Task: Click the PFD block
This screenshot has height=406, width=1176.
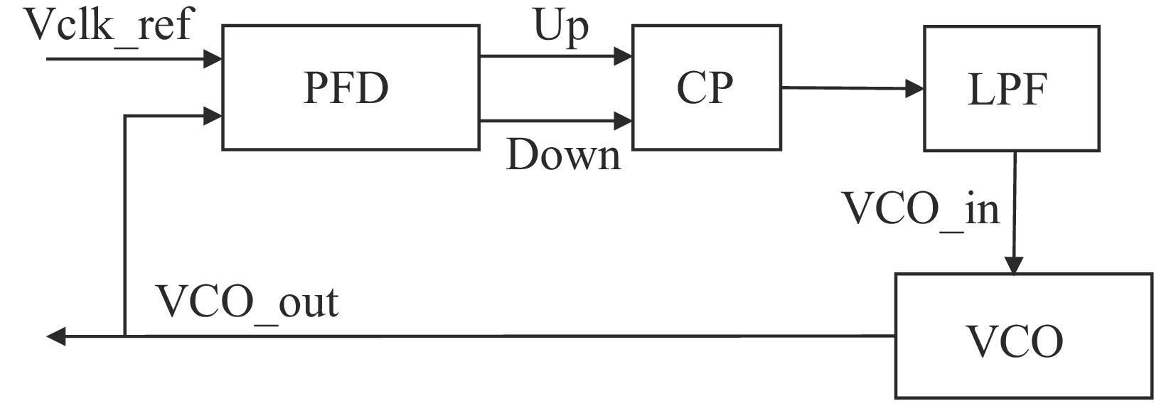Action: (x=350, y=87)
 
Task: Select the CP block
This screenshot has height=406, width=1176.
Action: (x=706, y=87)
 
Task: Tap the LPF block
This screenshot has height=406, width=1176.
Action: (x=1011, y=89)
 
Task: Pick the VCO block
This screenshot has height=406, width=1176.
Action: (x=1022, y=336)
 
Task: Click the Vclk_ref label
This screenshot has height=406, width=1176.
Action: (x=108, y=26)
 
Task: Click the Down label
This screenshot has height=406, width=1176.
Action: (x=563, y=155)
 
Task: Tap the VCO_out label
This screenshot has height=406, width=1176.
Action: (x=247, y=301)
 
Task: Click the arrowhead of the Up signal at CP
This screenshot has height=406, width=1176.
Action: (x=624, y=55)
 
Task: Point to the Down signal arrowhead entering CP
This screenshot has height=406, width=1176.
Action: (x=624, y=120)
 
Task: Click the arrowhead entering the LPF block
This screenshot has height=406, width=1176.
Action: (x=915, y=90)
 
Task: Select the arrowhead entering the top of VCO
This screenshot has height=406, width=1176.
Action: (x=1012, y=265)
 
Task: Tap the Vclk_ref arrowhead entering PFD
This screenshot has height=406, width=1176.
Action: (x=213, y=58)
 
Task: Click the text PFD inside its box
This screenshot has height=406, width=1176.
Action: (x=346, y=88)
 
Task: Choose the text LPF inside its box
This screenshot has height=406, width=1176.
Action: (x=1007, y=90)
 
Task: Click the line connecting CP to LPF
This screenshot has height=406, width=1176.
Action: (x=846, y=89)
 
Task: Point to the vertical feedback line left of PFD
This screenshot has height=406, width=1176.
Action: (x=125, y=228)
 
